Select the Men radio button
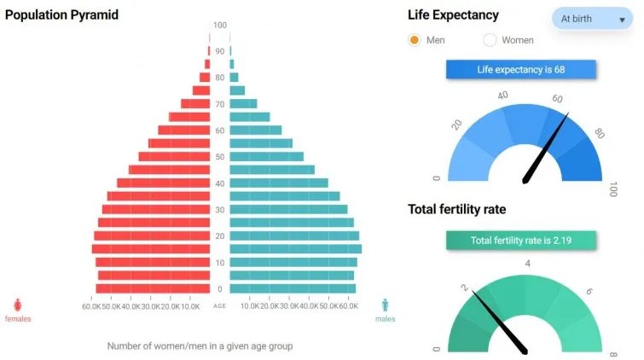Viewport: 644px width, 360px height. (x=415, y=40)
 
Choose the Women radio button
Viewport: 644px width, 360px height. (x=490, y=40)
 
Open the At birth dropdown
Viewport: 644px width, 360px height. (x=592, y=18)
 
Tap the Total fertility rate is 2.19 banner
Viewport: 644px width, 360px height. (x=520, y=241)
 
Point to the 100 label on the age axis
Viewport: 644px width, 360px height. (x=220, y=26)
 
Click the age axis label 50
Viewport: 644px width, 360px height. (x=220, y=157)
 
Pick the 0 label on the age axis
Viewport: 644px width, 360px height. (x=220, y=289)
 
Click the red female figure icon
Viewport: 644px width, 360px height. (x=18, y=305)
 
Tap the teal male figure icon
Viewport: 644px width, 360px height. (x=386, y=305)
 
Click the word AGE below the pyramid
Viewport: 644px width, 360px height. (x=220, y=306)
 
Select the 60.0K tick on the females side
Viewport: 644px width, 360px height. (x=91, y=306)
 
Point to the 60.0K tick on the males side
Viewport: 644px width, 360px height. (x=347, y=306)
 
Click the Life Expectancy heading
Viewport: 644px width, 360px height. (x=453, y=15)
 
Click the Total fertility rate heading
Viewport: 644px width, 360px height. (x=456, y=209)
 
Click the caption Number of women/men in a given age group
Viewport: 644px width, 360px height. (x=200, y=346)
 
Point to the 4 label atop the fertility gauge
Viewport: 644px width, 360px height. (x=528, y=263)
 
